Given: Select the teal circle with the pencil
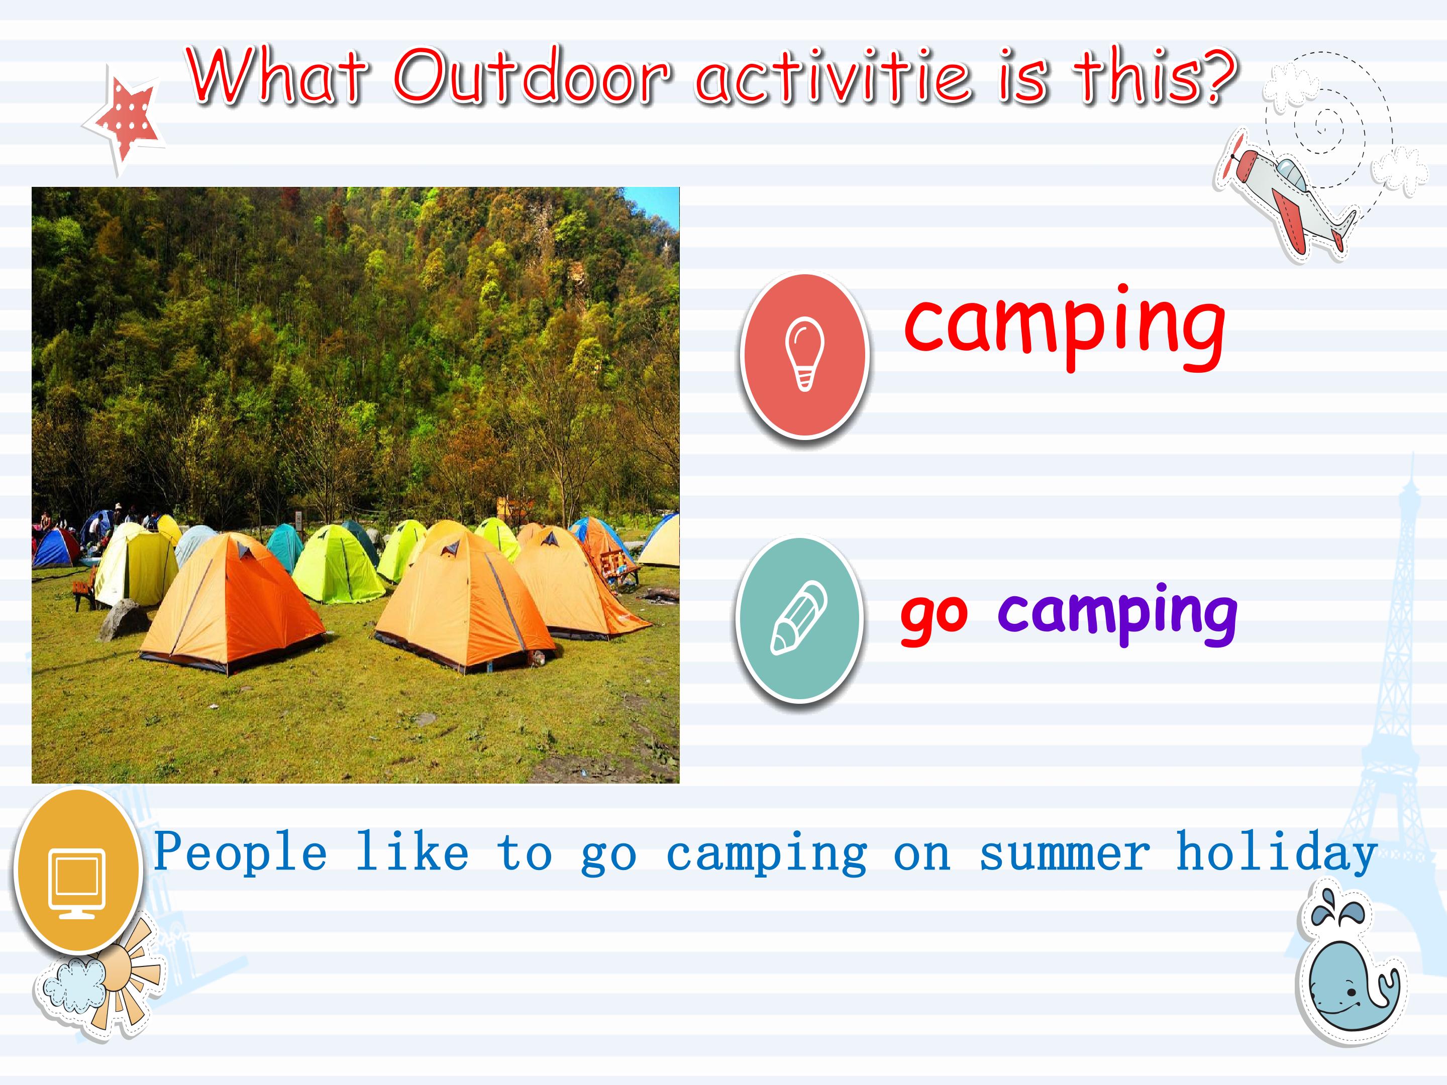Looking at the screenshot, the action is pyautogui.click(x=800, y=618).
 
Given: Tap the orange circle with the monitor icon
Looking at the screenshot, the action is pyautogui.click(x=77, y=870).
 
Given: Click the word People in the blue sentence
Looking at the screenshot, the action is pyautogui.click(x=240, y=852).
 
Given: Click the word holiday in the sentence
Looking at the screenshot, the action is pyautogui.click(x=1277, y=852).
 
